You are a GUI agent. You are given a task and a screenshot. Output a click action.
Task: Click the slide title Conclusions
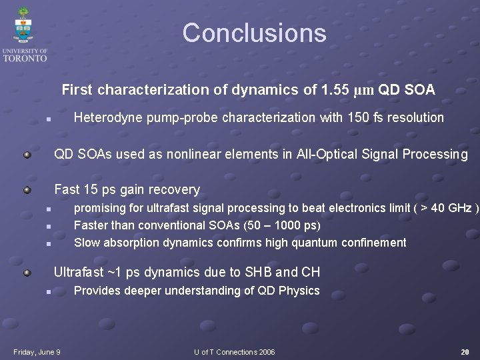coord(254,33)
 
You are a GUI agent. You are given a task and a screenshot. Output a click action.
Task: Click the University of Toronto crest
coord(24,25)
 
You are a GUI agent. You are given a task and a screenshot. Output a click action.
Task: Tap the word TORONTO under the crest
coord(25,58)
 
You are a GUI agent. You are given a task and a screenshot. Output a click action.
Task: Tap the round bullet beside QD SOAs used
coord(26,155)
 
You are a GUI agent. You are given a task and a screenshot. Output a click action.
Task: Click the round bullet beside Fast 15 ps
coord(26,190)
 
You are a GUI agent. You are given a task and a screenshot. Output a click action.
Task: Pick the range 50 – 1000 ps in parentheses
coord(275,225)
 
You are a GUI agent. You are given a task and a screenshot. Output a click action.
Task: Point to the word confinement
coord(373,243)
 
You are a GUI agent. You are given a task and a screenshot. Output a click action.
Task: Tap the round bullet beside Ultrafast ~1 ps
coord(26,272)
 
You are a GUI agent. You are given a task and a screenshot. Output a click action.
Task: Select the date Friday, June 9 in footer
coord(37,352)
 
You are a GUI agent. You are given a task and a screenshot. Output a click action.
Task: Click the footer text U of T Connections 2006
coord(234,352)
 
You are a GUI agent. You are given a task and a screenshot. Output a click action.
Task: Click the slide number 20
coord(465,352)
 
